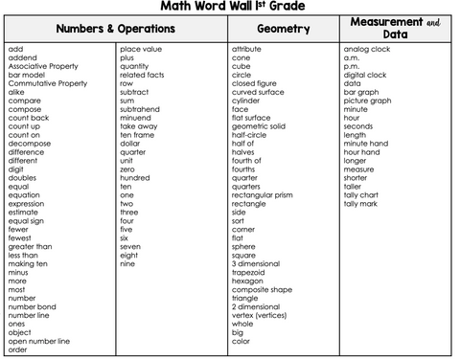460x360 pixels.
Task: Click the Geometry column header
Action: click(x=284, y=29)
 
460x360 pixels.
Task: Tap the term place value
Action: click(x=141, y=48)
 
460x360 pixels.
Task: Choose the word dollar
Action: click(x=131, y=143)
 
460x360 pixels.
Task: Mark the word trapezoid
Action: click(x=249, y=272)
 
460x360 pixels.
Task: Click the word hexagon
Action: click(x=247, y=281)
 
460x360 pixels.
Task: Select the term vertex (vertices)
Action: click(x=260, y=315)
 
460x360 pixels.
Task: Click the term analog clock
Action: click(x=367, y=48)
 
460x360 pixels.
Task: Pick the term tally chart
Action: click(x=362, y=194)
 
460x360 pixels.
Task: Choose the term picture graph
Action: click(x=368, y=100)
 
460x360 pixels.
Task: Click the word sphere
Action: click(x=243, y=246)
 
